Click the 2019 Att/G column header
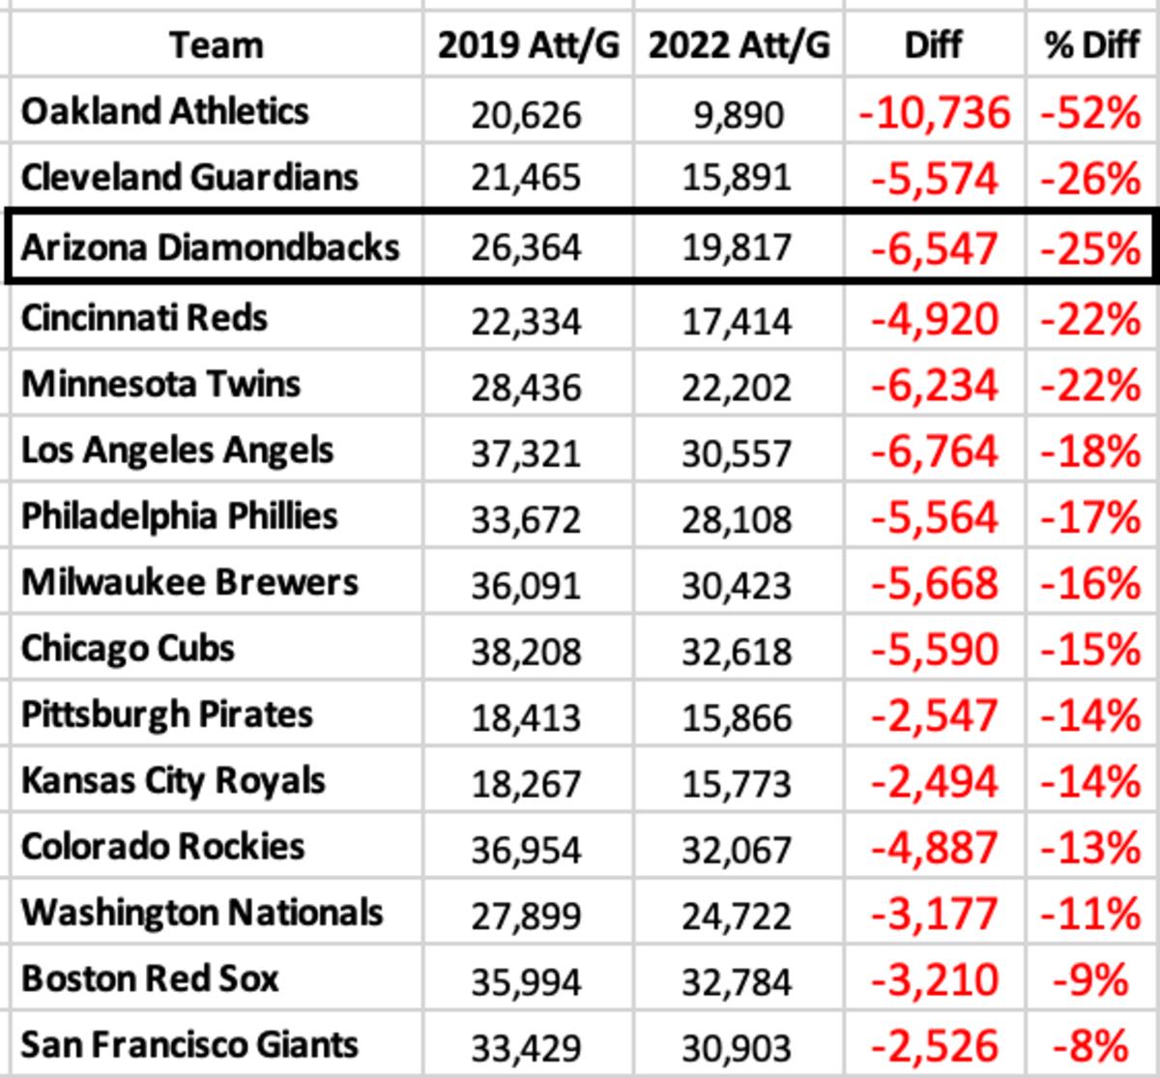(528, 45)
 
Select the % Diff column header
(1092, 45)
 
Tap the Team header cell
(216, 45)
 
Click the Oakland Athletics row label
(164, 111)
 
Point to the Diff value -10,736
(934, 113)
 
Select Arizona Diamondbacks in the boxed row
(210, 248)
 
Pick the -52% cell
(1090, 113)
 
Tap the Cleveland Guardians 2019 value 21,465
(527, 178)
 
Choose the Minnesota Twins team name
(160, 384)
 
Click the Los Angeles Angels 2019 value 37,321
(527, 452)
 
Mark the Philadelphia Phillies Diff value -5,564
(934, 517)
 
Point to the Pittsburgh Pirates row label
(167, 714)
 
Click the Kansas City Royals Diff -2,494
(934, 782)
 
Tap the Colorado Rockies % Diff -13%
(1090, 848)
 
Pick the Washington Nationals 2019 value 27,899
(527, 915)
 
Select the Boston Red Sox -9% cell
(1090, 979)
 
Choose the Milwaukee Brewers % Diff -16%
(1090, 583)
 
